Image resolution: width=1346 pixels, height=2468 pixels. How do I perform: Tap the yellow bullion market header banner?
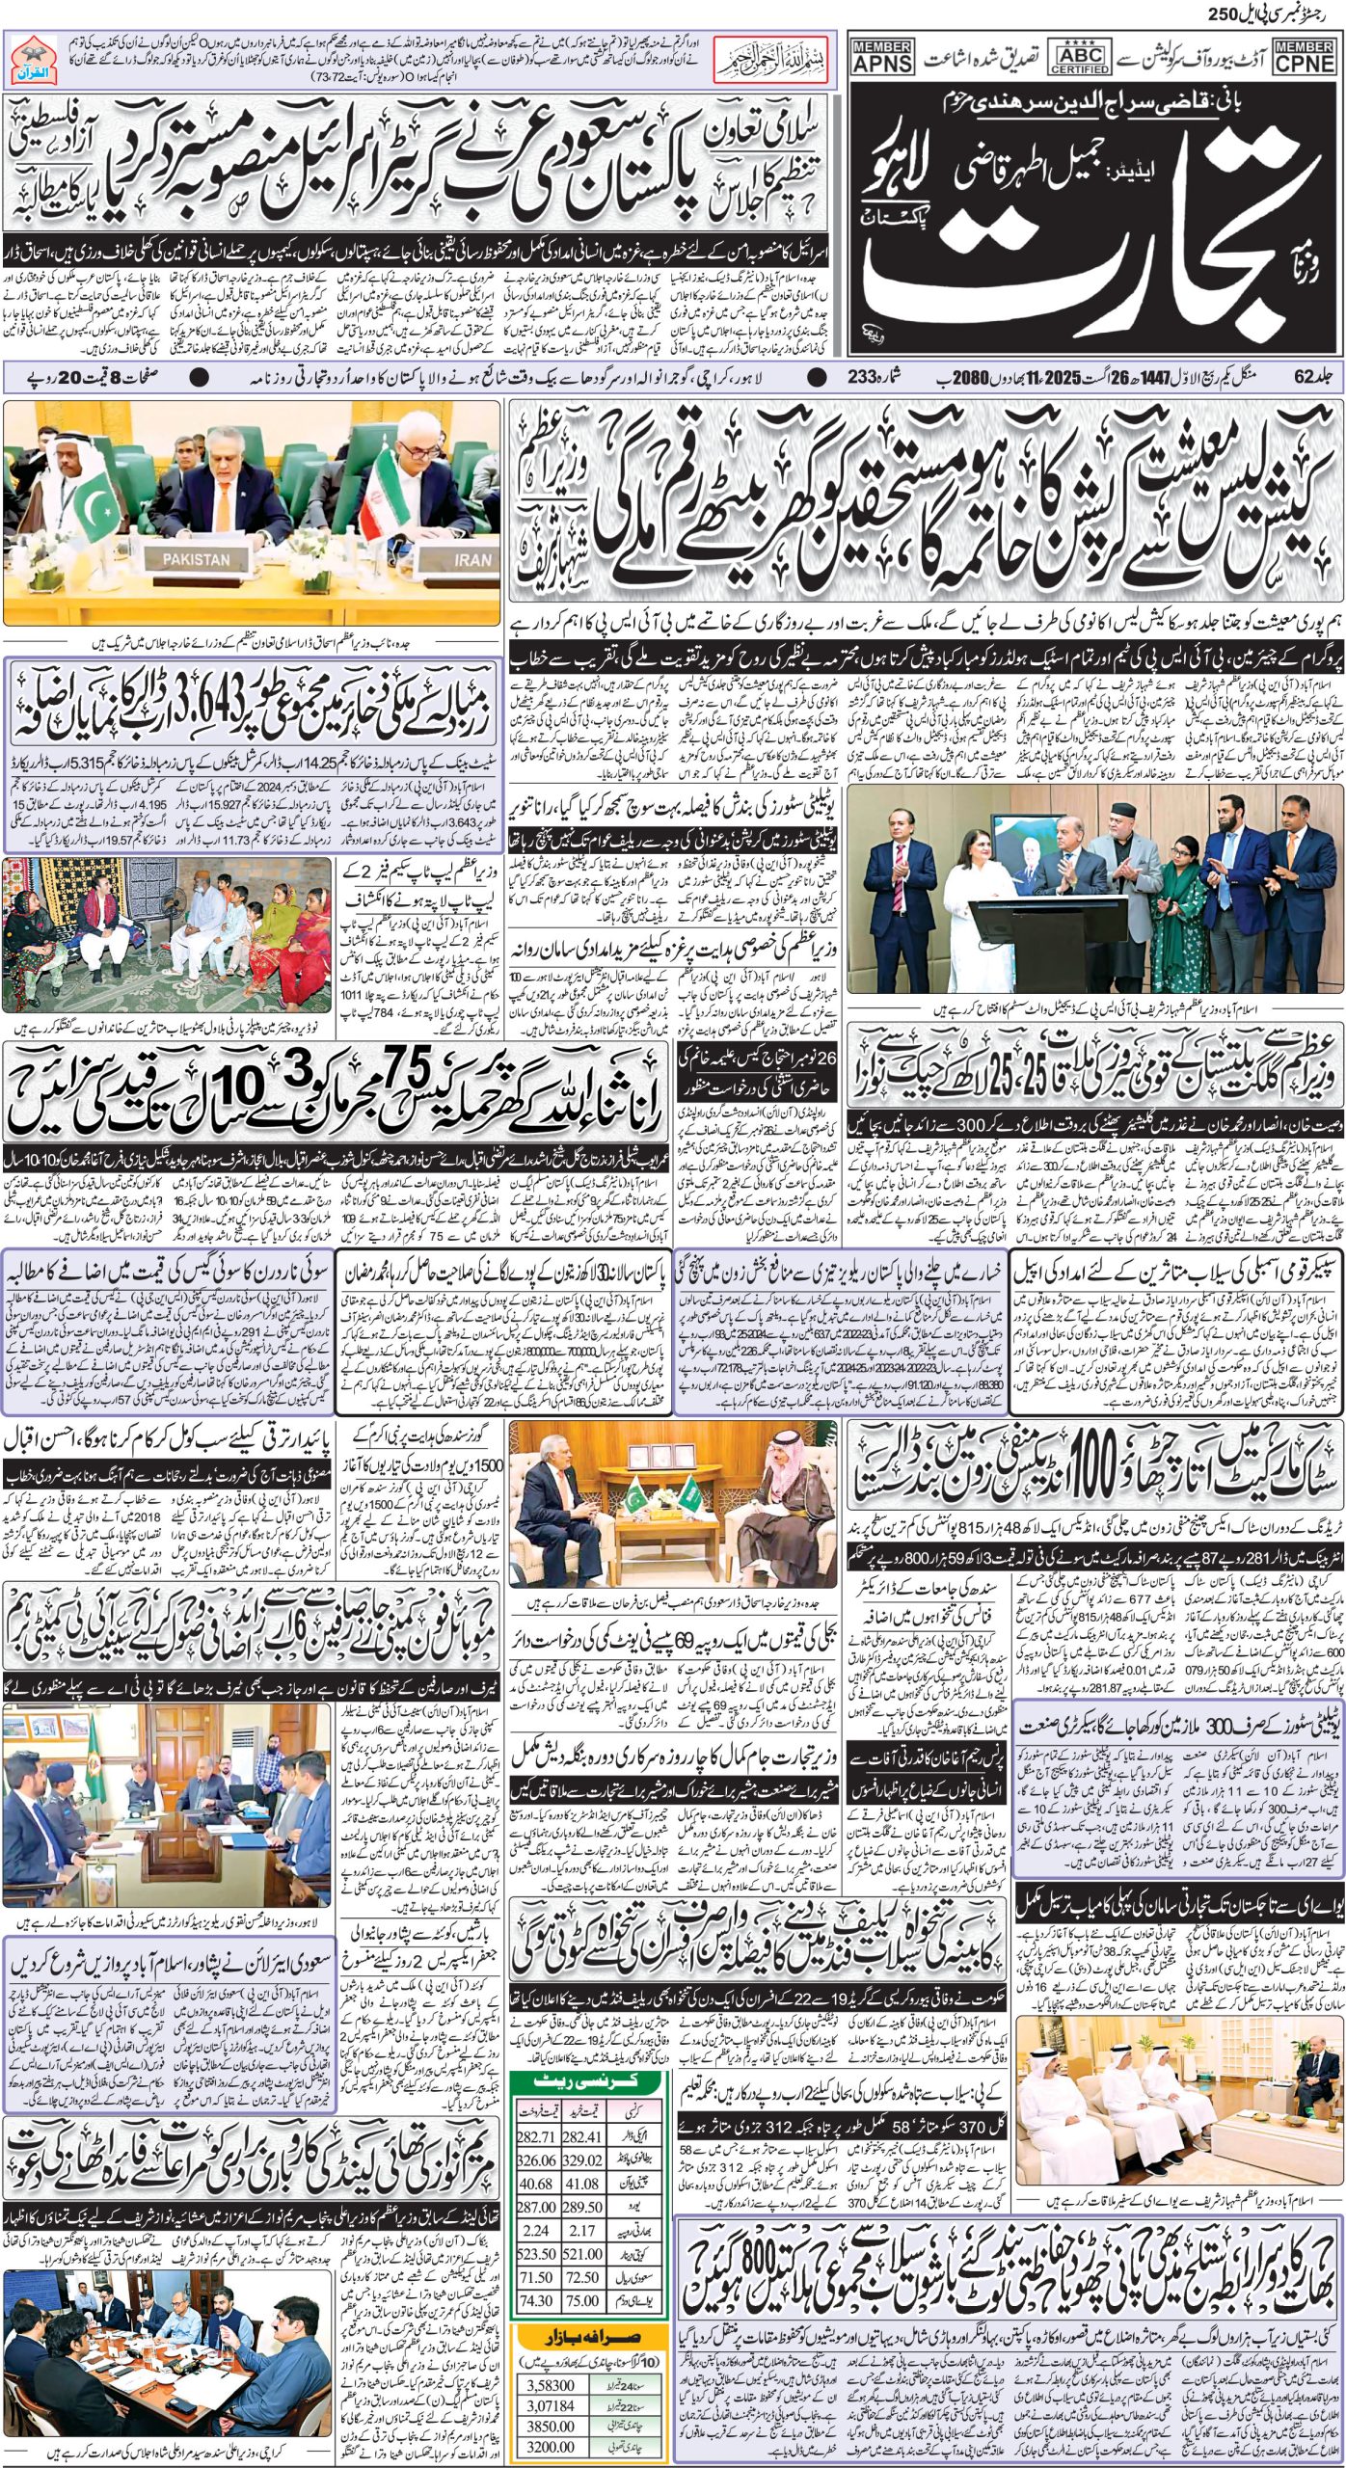tap(589, 2247)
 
